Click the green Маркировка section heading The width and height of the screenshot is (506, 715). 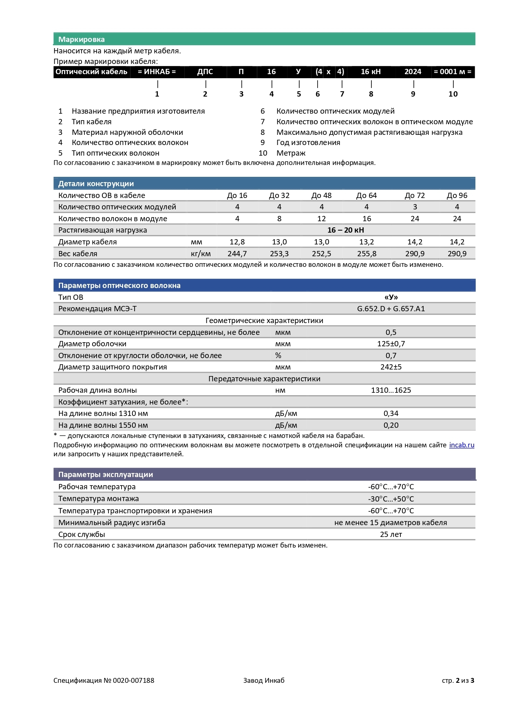(82, 40)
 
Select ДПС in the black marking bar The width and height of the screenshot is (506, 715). (205, 72)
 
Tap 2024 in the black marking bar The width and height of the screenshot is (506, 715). (413, 72)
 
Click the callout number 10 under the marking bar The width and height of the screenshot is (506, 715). (453, 94)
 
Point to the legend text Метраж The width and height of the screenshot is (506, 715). (291, 153)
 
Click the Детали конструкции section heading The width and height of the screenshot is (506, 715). (96, 184)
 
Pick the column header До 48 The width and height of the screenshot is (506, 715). (321, 196)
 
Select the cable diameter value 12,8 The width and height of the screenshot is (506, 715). (237, 242)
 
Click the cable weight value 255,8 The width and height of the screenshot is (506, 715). (367, 254)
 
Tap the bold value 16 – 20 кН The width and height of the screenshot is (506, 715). (346, 230)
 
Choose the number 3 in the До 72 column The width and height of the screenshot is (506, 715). (415, 207)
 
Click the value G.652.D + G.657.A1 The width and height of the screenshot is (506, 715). (391, 309)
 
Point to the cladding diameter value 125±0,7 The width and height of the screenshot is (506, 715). (391, 344)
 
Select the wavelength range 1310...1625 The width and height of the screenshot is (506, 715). (391, 390)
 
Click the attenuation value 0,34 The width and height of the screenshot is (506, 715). (391, 414)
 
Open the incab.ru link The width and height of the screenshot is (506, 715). (462, 445)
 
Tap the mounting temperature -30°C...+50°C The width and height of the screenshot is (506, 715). (391, 499)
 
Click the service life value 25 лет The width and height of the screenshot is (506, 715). (391, 535)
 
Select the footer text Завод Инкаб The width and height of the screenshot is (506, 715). (264, 680)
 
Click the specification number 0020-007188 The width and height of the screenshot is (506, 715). (134, 680)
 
